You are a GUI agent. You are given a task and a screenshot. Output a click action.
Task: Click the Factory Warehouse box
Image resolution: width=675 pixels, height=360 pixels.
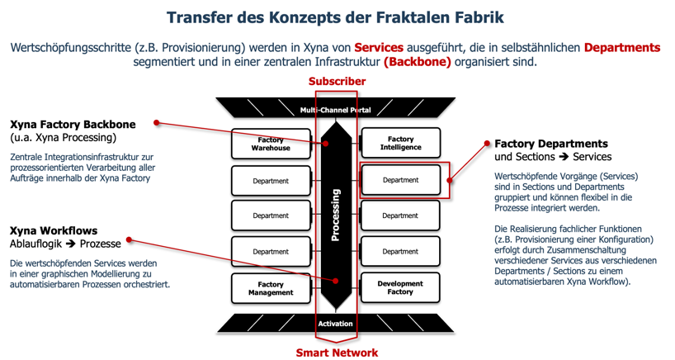(271, 144)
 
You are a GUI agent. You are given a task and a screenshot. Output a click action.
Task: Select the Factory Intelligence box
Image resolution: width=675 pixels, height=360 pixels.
(400, 144)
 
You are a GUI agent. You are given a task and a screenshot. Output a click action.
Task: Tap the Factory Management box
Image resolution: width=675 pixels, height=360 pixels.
(271, 288)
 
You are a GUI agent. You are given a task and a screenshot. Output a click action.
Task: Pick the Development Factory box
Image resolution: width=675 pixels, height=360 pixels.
(400, 287)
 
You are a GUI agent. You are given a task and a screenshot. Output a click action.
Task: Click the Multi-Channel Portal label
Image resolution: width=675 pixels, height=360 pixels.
(335, 110)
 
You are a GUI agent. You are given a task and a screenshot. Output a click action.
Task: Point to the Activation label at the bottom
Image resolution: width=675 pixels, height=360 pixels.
(335, 324)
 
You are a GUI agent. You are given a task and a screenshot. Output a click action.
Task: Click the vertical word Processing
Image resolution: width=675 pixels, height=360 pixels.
(335, 215)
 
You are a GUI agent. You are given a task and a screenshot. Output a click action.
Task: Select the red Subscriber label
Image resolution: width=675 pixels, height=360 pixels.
(337, 81)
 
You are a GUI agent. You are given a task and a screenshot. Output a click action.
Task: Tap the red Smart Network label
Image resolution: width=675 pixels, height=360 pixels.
(337, 353)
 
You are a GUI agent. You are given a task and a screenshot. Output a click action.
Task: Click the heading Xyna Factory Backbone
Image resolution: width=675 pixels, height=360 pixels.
(73, 125)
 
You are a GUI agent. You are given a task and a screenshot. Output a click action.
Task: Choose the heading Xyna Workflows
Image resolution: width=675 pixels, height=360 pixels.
(54, 231)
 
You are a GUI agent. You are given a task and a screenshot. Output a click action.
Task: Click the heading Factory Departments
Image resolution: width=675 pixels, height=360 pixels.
(550, 144)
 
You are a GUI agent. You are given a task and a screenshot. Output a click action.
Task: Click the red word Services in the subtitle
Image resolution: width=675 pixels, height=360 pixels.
(378, 47)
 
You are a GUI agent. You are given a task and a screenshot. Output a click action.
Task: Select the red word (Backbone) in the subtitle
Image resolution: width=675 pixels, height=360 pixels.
(418, 62)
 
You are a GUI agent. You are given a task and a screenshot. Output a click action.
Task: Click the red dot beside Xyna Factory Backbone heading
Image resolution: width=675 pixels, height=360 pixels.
(155, 125)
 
